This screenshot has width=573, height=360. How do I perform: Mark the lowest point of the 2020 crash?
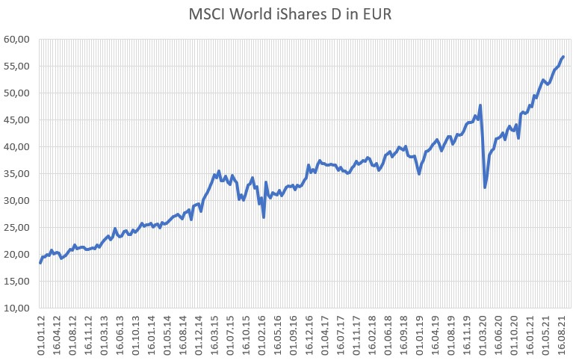(485, 187)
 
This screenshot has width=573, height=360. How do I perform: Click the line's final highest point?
(563, 56)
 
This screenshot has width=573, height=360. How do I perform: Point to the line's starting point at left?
(40, 263)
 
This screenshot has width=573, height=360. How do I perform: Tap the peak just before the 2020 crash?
(480, 105)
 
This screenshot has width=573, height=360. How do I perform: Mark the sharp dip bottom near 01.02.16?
(264, 217)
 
